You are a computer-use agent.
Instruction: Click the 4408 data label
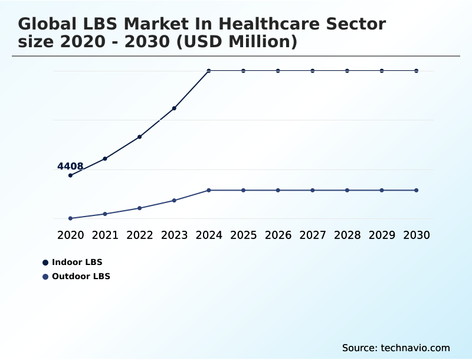click(70, 166)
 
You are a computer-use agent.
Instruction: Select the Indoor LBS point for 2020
click(70, 175)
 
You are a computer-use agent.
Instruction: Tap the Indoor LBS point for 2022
click(140, 137)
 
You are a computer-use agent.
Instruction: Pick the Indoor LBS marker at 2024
click(209, 71)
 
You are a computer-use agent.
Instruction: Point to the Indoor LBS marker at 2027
click(313, 71)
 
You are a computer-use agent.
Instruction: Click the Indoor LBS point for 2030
click(417, 71)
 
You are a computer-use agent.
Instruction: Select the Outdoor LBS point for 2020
click(70, 218)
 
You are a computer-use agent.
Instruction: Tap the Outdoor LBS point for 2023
click(174, 201)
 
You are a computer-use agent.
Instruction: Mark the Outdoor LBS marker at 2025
click(243, 190)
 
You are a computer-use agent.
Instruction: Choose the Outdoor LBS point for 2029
click(382, 190)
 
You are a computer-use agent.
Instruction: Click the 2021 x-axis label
click(105, 235)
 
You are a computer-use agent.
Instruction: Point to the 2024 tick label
click(209, 235)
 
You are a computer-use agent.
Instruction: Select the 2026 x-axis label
click(278, 235)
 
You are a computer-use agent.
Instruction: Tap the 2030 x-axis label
click(417, 235)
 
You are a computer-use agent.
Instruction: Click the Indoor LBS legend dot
click(45, 263)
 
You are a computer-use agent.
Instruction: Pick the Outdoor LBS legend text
click(81, 276)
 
